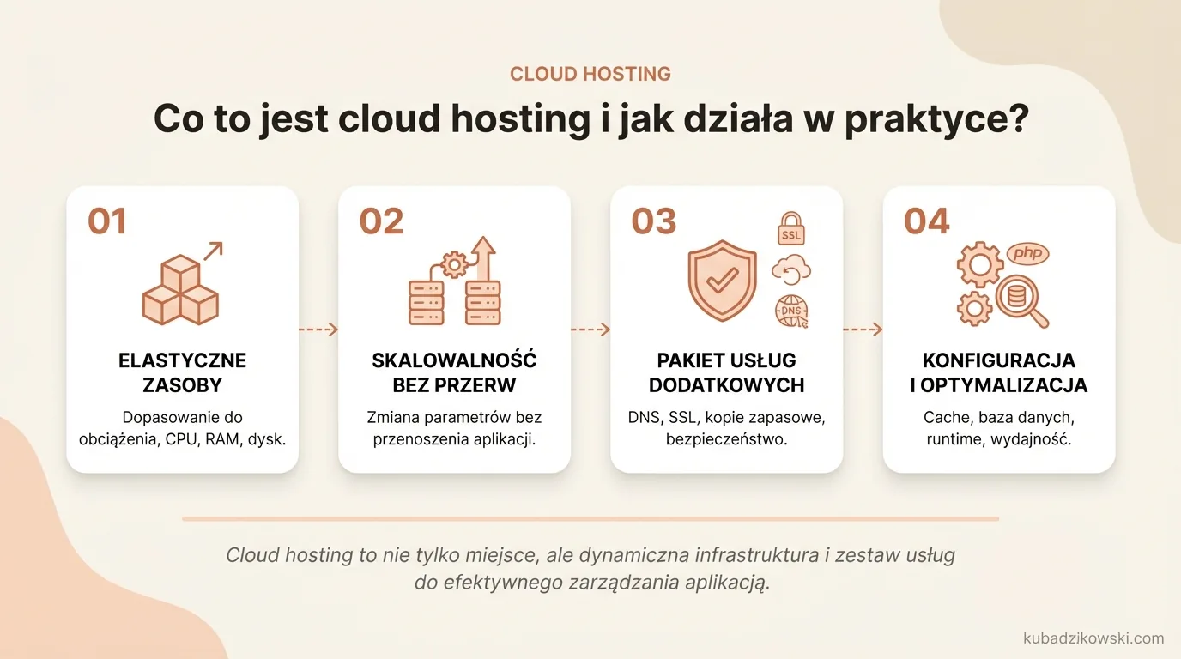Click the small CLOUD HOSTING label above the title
tap(590, 74)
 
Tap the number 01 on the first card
tap(107, 221)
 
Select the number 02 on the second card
tap(381, 221)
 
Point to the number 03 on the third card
tap(654, 221)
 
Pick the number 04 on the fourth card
tap(927, 221)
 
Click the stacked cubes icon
tap(180, 290)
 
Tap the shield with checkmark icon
tap(722, 281)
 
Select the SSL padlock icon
tap(791, 227)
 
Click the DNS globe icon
tap(791, 311)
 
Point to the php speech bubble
tap(1027, 253)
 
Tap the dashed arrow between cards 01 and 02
tap(318, 329)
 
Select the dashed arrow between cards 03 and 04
tap(863, 329)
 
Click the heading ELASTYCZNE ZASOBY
tap(182, 372)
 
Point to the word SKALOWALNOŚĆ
tap(454, 360)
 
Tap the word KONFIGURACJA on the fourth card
tap(998, 360)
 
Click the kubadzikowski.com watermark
tap(1093, 638)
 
